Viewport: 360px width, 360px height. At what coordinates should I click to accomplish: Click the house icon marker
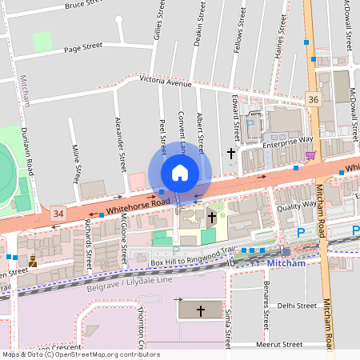pyautogui.click(x=180, y=173)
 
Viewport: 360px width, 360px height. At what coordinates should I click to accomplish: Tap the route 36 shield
pyautogui.click(x=313, y=98)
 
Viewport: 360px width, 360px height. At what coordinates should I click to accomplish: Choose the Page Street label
pyautogui.click(x=83, y=47)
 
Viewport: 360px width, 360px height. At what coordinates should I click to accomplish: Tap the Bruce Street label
pyautogui.click(x=85, y=5)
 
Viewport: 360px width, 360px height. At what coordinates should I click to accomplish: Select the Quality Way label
pyautogui.click(x=295, y=206)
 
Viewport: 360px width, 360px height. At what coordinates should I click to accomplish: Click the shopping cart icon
pyautogui.click(x=310, y=154)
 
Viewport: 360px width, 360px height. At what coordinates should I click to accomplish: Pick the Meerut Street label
pyautogui.click(x=279, y=344)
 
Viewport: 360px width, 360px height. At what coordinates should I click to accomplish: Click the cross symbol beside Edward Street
pyautogui.click(x=232, y=151)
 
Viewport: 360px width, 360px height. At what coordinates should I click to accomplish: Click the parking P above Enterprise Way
pyautogui.click(x=250, y=124)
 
